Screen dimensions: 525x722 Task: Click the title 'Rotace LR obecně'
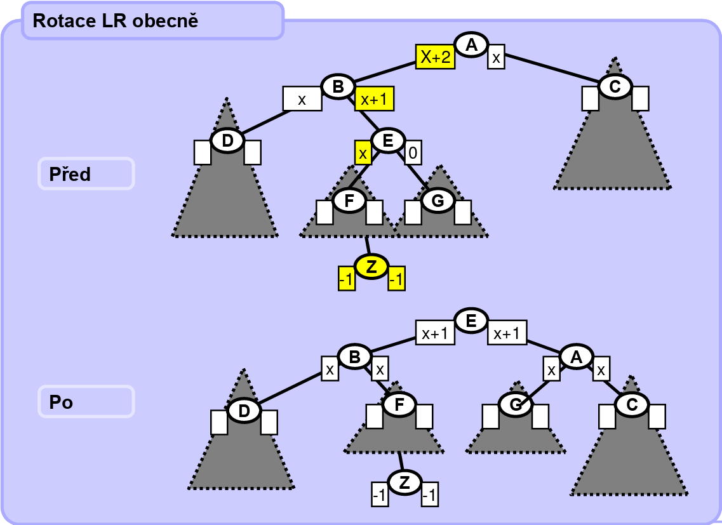pyautogui.click(x=116, y=21)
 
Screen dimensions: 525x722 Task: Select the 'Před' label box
pyautogui.click(x=86, y=173)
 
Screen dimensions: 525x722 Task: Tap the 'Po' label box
pyautogui.click(x=86, y=402)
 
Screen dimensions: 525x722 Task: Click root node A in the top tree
pyautogui.click(x=471, y=45)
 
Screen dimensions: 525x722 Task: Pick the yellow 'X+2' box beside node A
pyautogui.click(x=435, y=57)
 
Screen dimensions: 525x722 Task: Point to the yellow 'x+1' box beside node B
pyautogui.click(x=374, y=98)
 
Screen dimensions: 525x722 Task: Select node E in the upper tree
pyautogui.click(x=388, y=140)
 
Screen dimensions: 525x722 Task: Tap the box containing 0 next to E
pyautogui.click(x=413, y=152)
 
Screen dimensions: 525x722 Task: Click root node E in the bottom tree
pyautogui.click(x=471, y=321)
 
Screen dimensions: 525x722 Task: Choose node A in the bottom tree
pyautogui.click(x=576, y=357)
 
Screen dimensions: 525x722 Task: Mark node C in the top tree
pyautogui.click(x=615, y=87)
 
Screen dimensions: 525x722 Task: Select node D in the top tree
pyautogui.click(x=227, y=141)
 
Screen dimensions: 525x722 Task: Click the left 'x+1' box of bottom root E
pyautogui.click(x=435, y=333)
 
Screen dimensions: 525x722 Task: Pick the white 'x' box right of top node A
pyautogui.click(x=497, y=58)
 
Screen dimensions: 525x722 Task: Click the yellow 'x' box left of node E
pyautogui.click(x=363, y=153)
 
